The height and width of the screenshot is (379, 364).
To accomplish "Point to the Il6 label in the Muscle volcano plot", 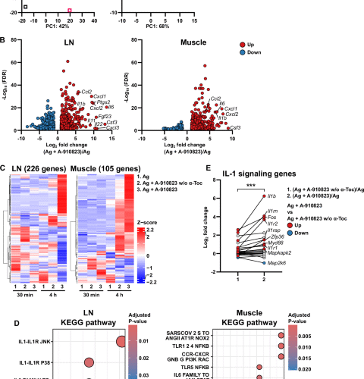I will point(221,103).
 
